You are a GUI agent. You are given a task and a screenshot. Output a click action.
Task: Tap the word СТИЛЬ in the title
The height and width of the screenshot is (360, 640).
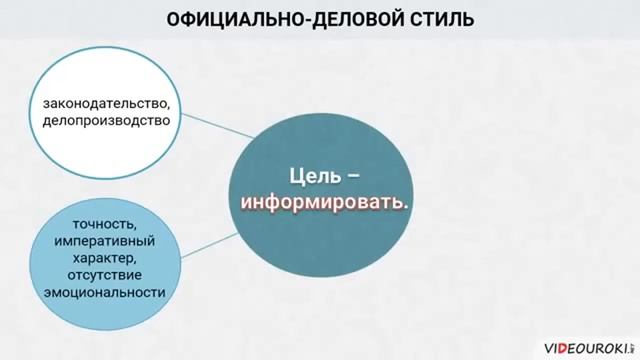tap(438, 19)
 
